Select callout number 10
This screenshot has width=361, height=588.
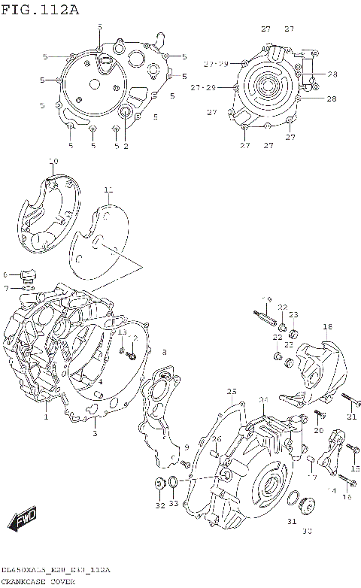pos(53,161)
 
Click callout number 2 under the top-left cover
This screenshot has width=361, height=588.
pos(126,147)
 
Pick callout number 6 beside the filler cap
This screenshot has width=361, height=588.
pos(5,275)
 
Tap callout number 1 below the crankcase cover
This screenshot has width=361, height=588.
pos(46,417)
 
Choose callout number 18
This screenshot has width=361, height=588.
pos(327,327)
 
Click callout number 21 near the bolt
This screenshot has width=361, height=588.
pos(351,417)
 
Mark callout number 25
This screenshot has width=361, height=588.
pos(232,392)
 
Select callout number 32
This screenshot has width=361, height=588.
pos(159,506)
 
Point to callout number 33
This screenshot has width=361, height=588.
pos(174,505)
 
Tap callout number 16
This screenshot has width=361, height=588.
pos(347,497)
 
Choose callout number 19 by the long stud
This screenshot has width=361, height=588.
pos(265,300)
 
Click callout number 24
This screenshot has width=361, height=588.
pos(263,400)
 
